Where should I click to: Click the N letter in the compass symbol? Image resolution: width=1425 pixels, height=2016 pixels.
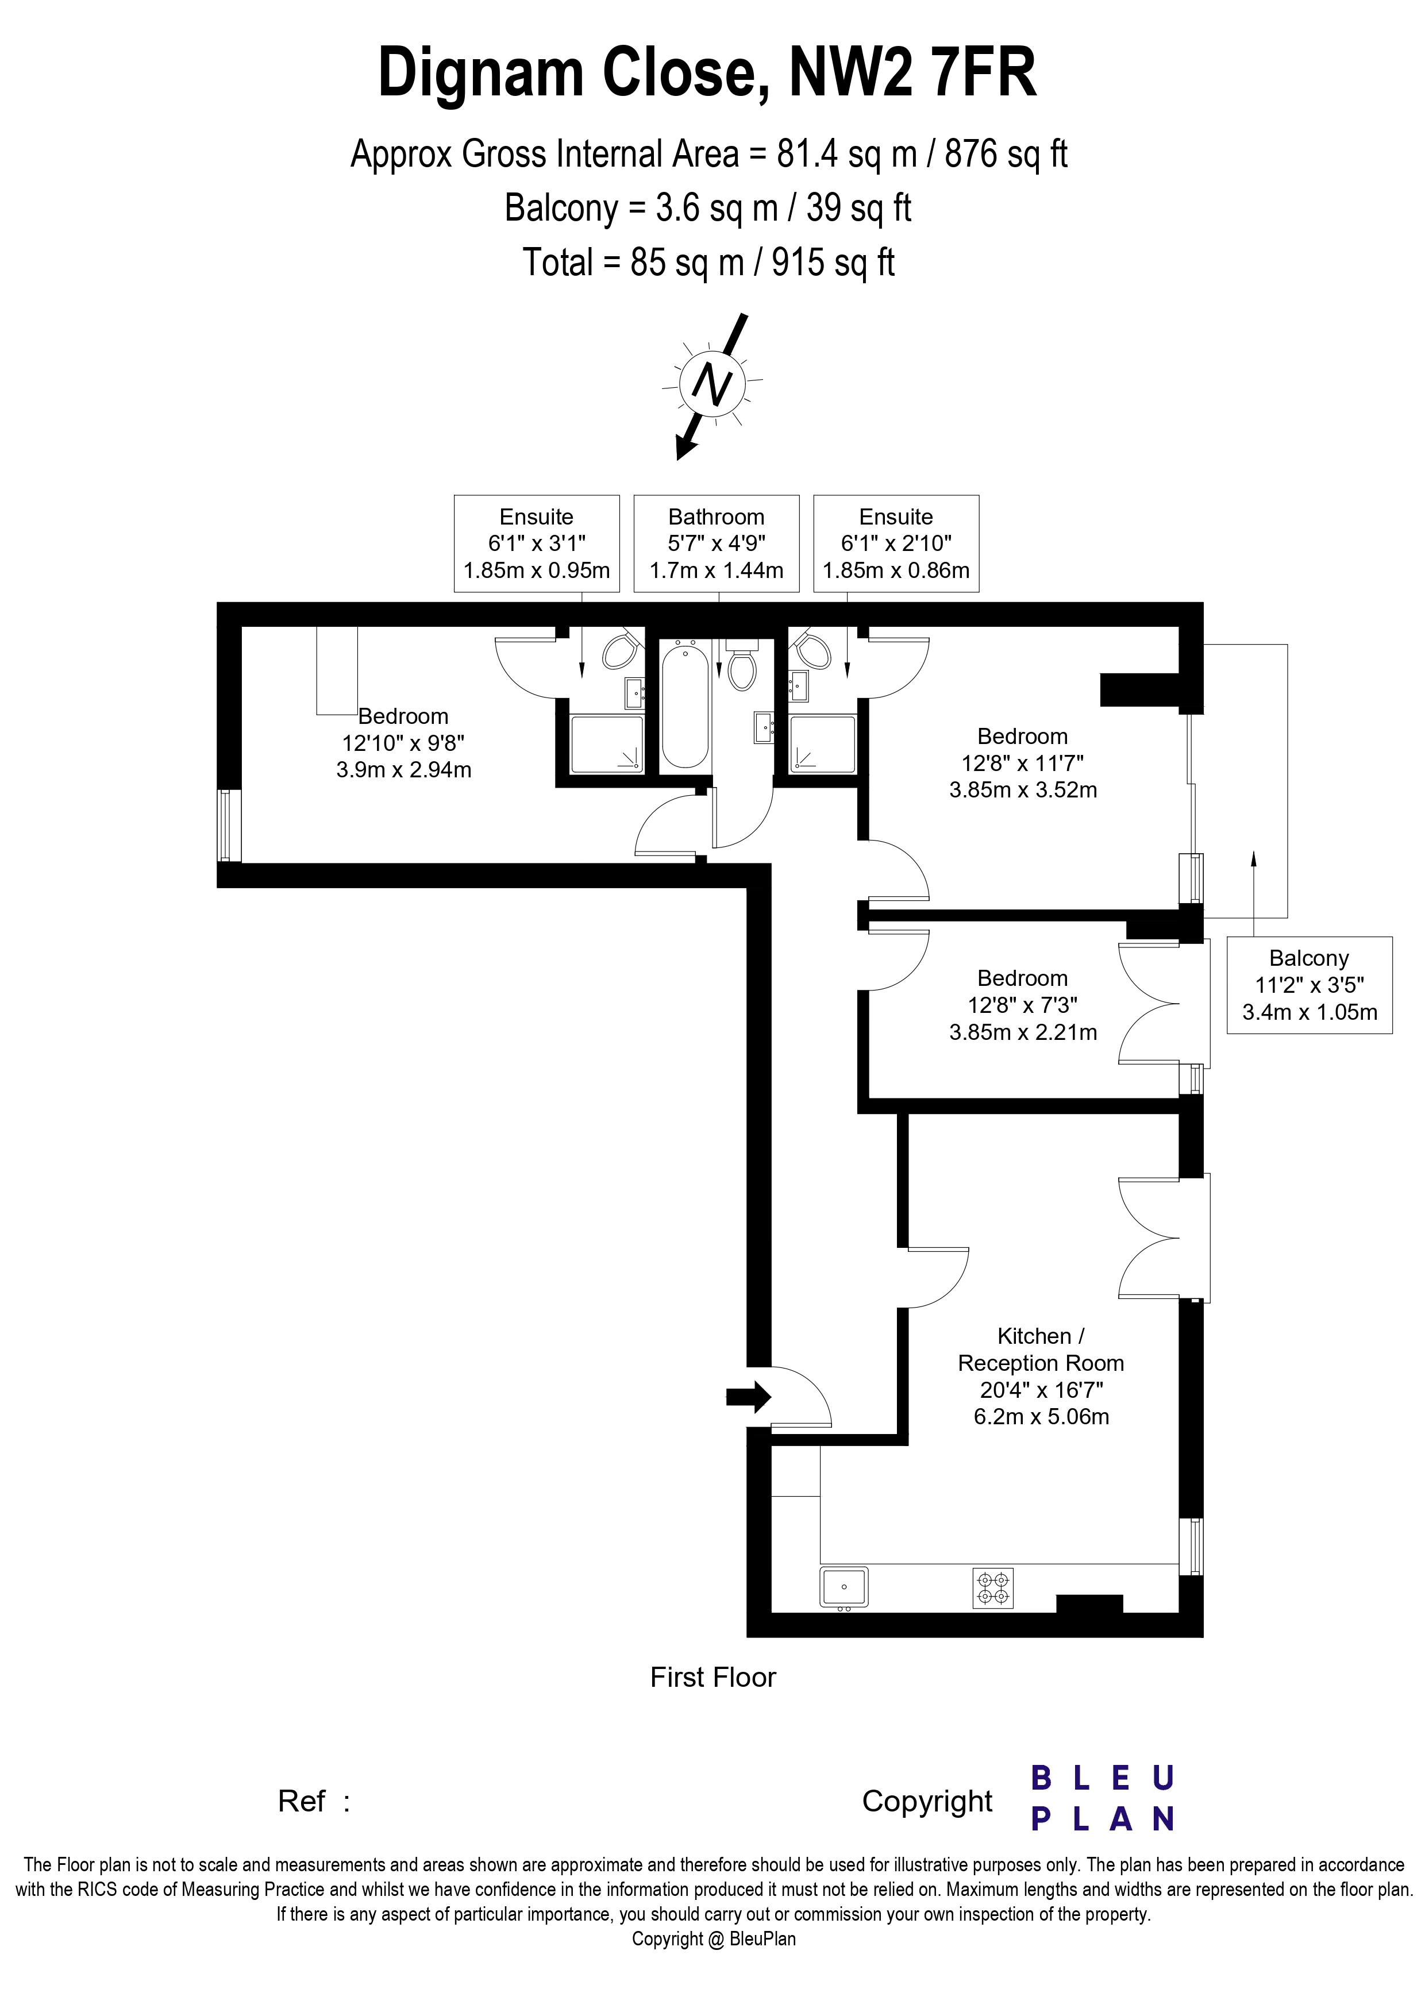(x=712, y=384)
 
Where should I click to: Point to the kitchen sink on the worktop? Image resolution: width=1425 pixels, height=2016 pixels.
(x=844, y=1587)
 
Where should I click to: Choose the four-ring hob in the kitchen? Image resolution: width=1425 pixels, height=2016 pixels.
(x=993, y=1587)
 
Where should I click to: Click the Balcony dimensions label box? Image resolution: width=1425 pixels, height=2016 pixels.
(x=1309, y=985)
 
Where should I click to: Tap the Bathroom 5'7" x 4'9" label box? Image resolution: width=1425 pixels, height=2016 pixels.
(x=717, y=543)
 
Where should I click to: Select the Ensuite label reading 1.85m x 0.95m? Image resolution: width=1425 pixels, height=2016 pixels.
(x=537, y=543)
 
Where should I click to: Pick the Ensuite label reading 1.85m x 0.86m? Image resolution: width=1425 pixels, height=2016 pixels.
(x=896, y=543)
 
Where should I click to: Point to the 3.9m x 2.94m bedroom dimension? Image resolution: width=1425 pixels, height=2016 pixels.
(x=404, y=770)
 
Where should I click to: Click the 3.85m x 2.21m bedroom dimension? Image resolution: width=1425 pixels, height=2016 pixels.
(x=1023, y=1032)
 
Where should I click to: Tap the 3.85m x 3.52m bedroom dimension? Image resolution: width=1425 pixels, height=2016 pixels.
(x=1023, y=790)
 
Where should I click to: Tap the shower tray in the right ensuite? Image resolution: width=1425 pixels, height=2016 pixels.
(x=822, y=745)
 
